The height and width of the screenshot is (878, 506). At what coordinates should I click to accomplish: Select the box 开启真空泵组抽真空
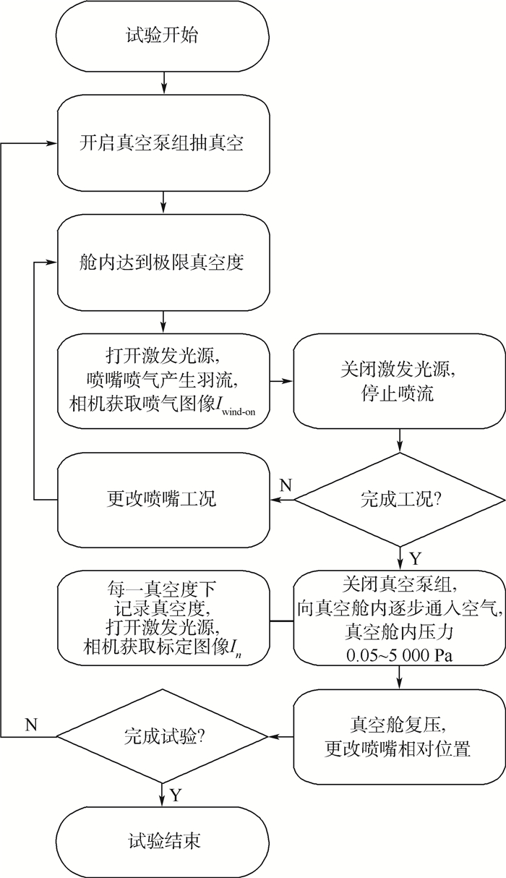pyautogui.click(x=165, y=142)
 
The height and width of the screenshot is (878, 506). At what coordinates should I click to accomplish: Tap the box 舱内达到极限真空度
pyautogui.click(x=165, y=263)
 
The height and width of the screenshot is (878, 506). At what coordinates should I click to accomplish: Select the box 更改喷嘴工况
pyautogui.click(x=165, y=498)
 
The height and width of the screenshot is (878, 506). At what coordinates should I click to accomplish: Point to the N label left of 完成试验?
pyautogui.click(x=31, y=724)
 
